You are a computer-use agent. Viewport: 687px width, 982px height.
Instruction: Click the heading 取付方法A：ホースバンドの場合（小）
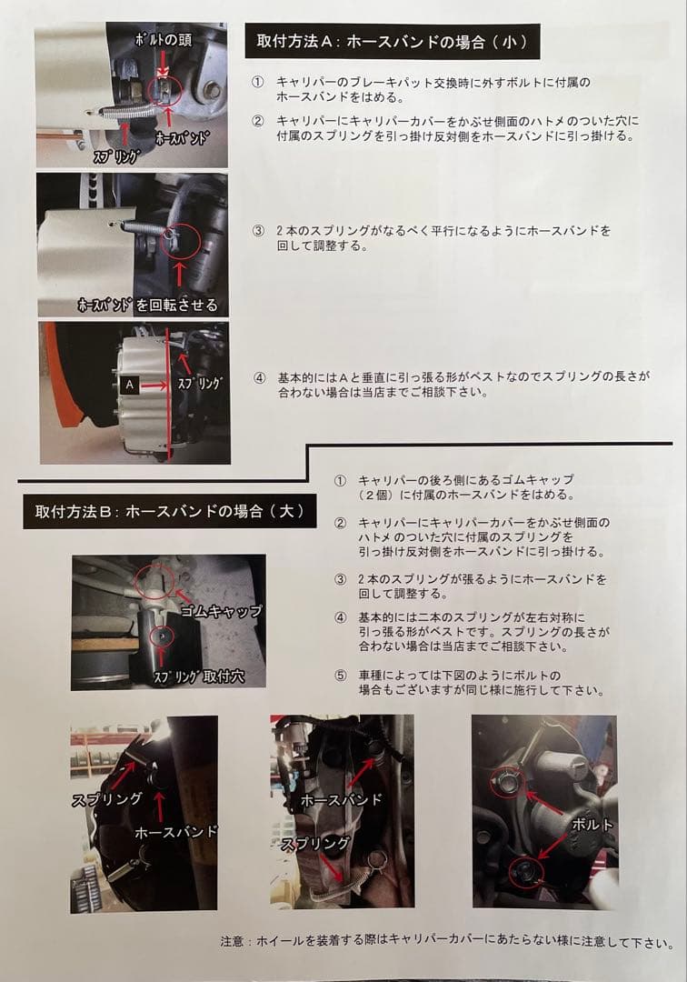[392, 42]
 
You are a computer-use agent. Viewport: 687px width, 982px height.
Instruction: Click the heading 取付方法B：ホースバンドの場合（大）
[169, 512]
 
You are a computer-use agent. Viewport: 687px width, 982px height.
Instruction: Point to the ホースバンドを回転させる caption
[147, 303]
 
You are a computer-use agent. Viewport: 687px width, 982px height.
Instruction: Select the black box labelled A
[129, 386]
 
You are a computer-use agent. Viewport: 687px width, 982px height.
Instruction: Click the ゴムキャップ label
[220, 611]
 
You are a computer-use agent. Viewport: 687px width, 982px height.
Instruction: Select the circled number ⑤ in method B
[340, 676]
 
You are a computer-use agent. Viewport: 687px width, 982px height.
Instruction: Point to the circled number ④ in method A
[260, 377]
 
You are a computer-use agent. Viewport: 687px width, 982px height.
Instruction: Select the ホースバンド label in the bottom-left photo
[175, 831]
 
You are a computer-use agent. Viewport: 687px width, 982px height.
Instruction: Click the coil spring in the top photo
[122, 111]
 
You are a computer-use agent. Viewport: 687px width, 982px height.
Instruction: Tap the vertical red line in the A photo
[169, 391]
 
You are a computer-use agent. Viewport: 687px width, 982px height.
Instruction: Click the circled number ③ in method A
[260, 231]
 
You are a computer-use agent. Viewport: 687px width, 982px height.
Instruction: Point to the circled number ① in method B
[340, 480]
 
